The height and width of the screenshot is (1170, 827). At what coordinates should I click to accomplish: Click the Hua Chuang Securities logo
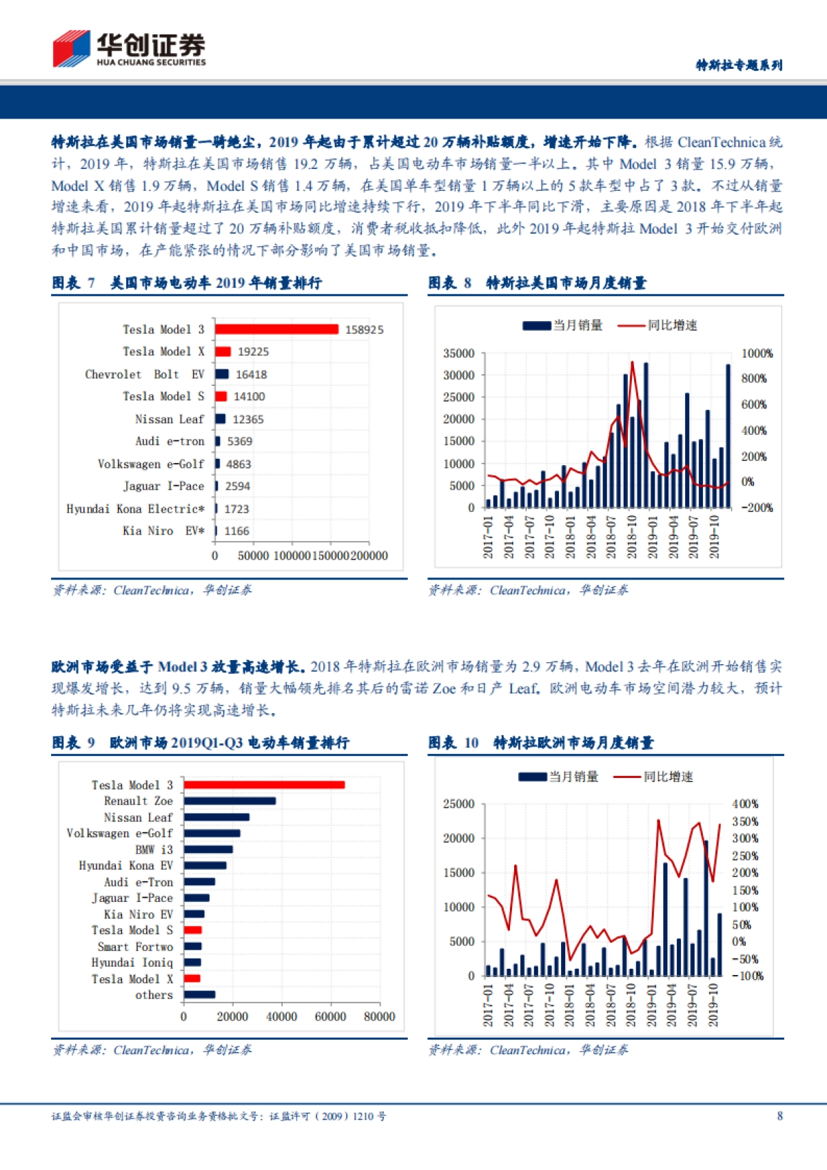click(x=129, y=49)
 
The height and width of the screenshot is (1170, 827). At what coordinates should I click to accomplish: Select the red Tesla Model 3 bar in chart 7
click(x=276, y=329)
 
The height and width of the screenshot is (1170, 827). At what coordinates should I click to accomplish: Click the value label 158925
click(x=364, y=329)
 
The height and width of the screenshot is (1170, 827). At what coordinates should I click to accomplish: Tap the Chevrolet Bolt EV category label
click(x=145, y=374)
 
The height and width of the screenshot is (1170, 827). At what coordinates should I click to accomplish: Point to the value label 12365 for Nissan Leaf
click(x=248, y=419)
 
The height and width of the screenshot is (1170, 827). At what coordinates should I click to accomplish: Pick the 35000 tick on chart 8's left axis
click(x=459, y=353)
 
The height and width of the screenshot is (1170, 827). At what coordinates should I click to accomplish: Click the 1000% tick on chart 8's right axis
click(x=757, y=353)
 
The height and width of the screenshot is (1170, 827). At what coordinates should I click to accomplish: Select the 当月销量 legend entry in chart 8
click(x=562, y=325)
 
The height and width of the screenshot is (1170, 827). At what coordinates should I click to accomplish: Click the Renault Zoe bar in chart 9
click(x=229, y=801)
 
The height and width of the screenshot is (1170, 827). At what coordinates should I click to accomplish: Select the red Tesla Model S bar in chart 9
click(x=193, y=930)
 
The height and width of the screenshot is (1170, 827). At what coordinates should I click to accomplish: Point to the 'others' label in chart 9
click(x=154, y=995)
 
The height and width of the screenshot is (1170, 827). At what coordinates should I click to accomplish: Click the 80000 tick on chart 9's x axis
click(x=379, y=1016)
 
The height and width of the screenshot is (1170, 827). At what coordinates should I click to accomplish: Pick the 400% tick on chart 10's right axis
click(x=745, y=803)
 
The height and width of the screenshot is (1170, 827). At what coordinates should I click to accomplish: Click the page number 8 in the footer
click(x=779, y=1116)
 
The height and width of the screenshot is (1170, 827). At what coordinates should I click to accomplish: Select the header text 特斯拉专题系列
click(x=739, y=65)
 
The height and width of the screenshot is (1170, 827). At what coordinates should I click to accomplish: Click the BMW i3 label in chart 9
click(x=154, y=850)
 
